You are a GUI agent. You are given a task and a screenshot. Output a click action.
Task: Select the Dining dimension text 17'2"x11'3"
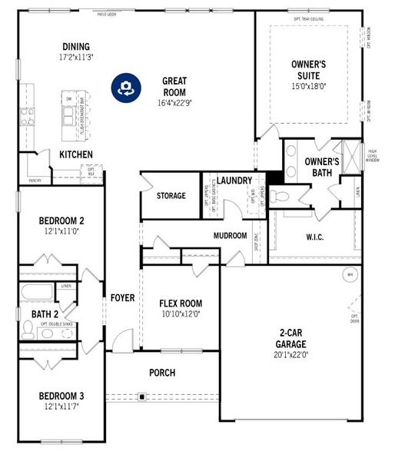pos(76,57)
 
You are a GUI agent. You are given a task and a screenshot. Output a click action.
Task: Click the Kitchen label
pos(76,155)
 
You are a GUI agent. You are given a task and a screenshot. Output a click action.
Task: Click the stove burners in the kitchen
pos(28,116)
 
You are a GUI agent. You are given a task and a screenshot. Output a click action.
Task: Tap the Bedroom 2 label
pos(61,221)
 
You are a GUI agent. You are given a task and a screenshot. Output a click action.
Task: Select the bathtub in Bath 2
pos(36,292)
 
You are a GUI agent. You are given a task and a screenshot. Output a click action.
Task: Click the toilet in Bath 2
pos(28,330)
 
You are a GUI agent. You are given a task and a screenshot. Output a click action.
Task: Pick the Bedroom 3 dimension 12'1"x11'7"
pos(61,406)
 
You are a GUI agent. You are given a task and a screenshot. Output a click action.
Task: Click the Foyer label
pos(122,297)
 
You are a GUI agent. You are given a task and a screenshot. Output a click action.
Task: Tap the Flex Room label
pos(181,303)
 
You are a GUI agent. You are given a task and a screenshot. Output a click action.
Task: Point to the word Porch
pos(162,373)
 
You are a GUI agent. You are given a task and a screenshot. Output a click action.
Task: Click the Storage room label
pos(171,196)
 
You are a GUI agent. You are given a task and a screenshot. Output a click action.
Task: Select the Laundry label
pos(234,181)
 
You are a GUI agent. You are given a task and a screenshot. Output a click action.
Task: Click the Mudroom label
pos(231,236)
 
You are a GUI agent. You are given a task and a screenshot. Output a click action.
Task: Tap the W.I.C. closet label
pos(315,237)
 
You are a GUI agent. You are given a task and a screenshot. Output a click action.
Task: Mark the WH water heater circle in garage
pos(350,274)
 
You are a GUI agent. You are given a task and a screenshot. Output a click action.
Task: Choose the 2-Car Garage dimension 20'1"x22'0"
pos(296,354)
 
